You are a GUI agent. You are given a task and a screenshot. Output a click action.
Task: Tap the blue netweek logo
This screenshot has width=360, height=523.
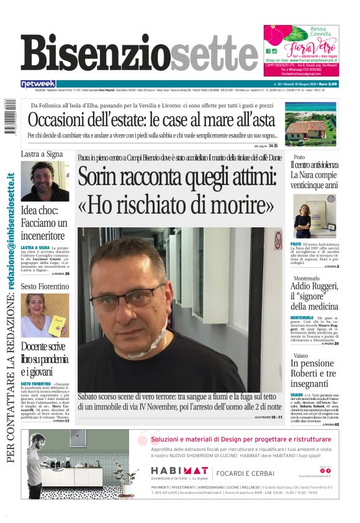[38, 83]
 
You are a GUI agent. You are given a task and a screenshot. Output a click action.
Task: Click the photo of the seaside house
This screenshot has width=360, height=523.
[313, 127]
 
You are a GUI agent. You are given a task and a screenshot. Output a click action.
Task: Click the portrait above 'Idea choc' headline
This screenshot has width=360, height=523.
[45, 181]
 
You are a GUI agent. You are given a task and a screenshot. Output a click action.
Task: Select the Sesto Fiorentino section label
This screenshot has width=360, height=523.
[45, 286]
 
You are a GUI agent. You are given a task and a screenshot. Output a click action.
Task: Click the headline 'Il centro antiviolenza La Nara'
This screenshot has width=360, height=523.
[315, 175]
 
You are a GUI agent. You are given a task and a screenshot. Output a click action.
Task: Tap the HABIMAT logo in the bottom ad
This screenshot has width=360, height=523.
[179, 471]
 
